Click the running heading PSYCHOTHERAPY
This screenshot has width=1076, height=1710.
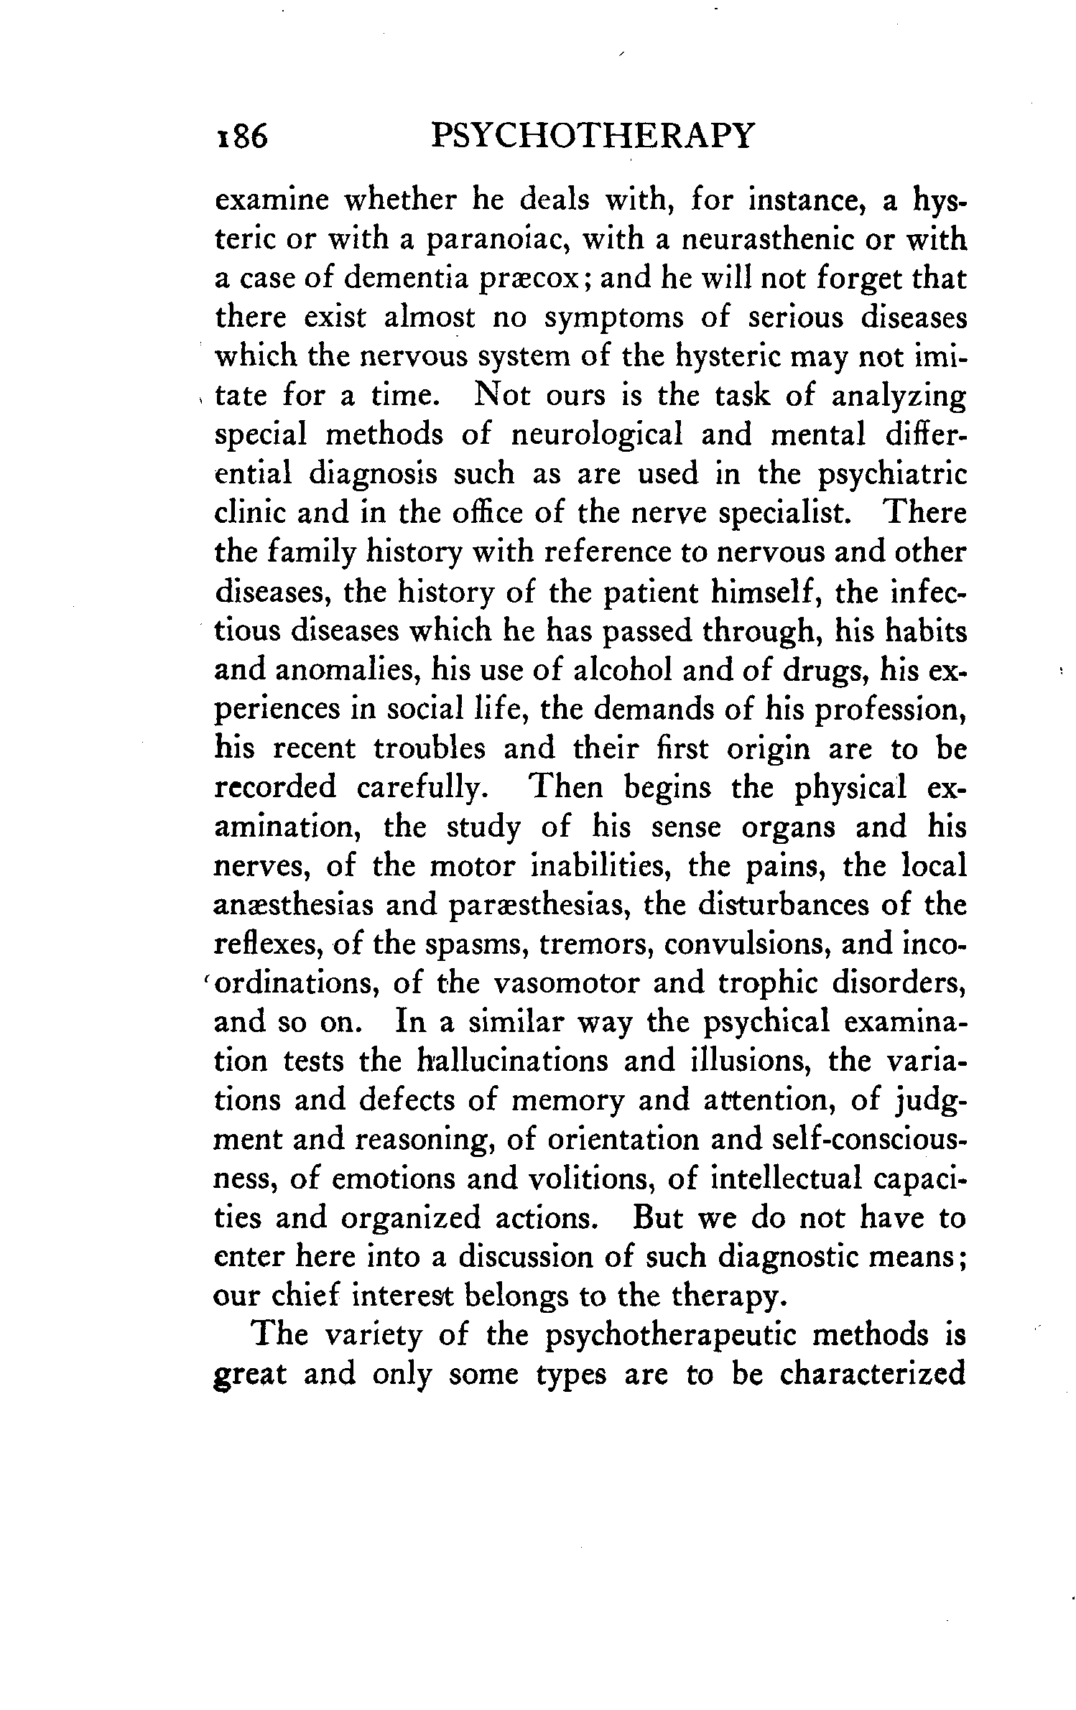coord(593,136)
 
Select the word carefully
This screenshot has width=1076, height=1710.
coord(425,789)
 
